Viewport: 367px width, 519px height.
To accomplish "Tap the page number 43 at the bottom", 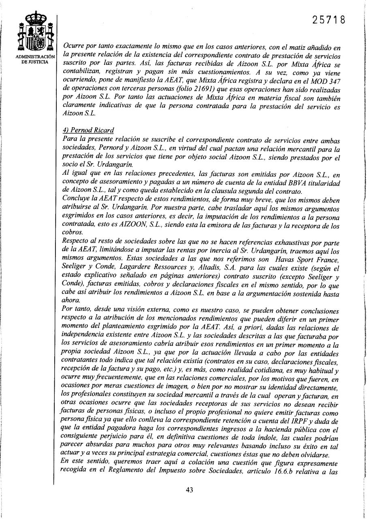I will tap(189, 490).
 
